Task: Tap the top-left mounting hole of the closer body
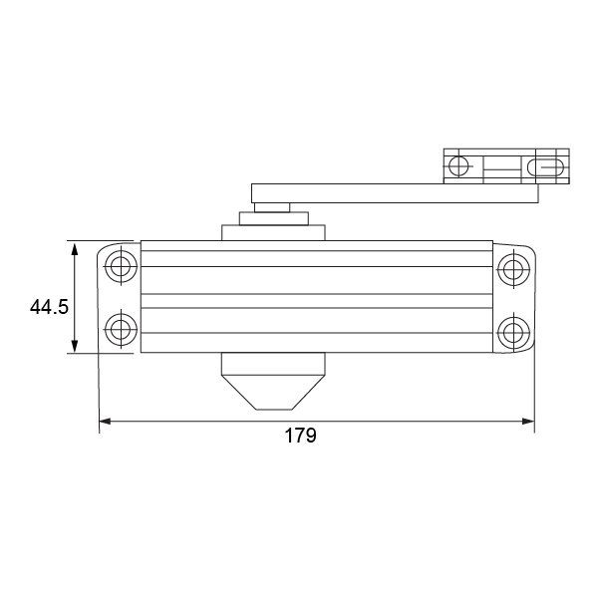121,266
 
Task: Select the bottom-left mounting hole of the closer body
121,329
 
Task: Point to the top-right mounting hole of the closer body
513,266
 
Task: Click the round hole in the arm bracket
458,165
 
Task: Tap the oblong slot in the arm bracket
547,165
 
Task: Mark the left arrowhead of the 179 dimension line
104,422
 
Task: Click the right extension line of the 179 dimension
535,389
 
